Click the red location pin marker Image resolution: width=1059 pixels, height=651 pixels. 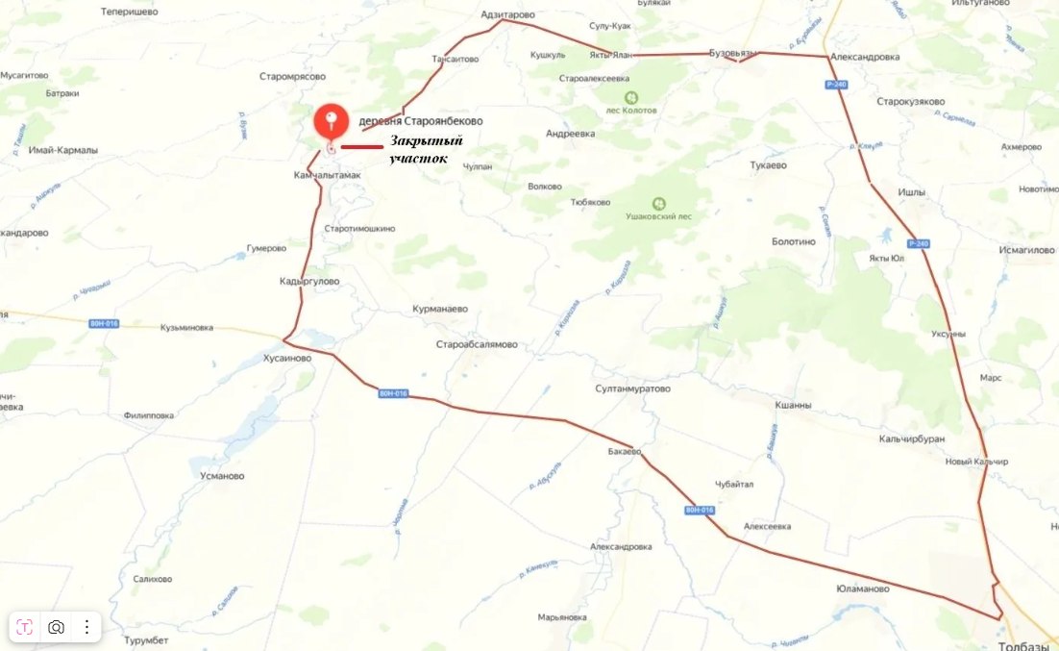click(332, 122)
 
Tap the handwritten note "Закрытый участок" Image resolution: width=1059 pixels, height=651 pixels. click(425, 150)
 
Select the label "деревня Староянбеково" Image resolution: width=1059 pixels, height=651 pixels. click(420, 121)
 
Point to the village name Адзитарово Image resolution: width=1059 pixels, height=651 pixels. click(507, 16)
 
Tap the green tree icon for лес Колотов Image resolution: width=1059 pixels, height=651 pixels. click(631, 97)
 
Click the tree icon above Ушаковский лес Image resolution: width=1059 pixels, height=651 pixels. click(658, 204)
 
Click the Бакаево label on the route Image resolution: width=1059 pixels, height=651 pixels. click(625, 451)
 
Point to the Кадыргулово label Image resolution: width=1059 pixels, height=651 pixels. click(309, 282)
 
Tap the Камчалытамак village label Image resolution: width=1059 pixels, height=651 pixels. click(327, 176)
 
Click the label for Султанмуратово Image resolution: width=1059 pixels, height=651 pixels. click(631, 389)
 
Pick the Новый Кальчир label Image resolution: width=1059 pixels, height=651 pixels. click(976, 462)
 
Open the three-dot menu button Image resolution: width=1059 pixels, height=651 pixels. click(86, 627)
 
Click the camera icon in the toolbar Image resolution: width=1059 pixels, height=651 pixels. click(56, 627)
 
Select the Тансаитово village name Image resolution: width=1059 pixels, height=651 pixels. click(456, 59)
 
